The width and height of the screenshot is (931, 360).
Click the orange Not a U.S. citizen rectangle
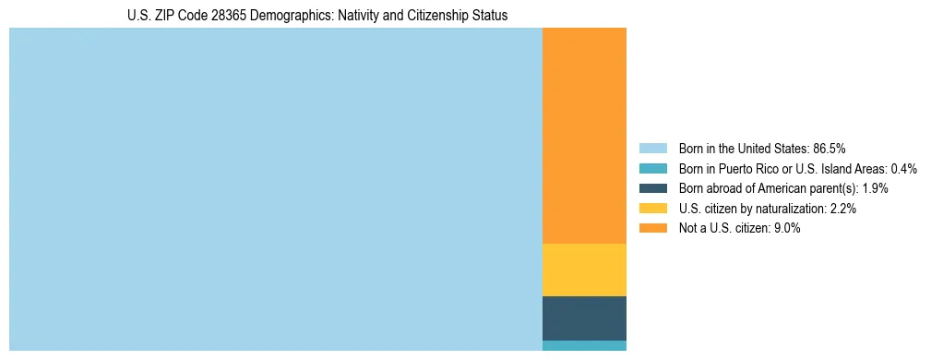click(584, 135)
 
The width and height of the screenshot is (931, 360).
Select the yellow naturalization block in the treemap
click(584, 270)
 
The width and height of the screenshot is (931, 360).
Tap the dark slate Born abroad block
click(584, 318)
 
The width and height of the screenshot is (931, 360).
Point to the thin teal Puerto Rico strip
click(584, 346)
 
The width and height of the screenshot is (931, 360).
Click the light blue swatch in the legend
click(652, 149)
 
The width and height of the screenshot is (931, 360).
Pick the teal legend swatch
click(652, 169)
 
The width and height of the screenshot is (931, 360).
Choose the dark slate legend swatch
click(652, 188)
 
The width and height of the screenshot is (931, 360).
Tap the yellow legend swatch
click(652, 209)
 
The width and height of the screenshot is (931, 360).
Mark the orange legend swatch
click(652, 228)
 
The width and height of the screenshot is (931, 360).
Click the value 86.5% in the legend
click(829, 149)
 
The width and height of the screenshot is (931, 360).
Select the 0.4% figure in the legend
click(904, 169)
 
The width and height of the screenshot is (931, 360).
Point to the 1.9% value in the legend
click(876, 188)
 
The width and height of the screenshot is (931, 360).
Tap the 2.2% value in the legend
click(843, 209)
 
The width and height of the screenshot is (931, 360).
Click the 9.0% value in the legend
click(785, 228)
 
